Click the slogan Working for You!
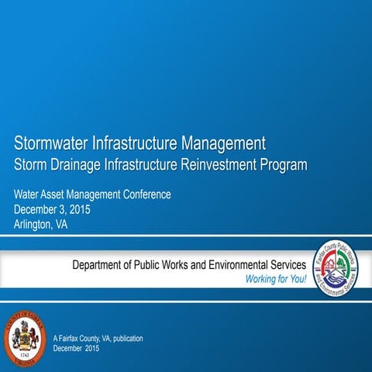coord(276,279)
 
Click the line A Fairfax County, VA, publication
coord(98,339)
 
